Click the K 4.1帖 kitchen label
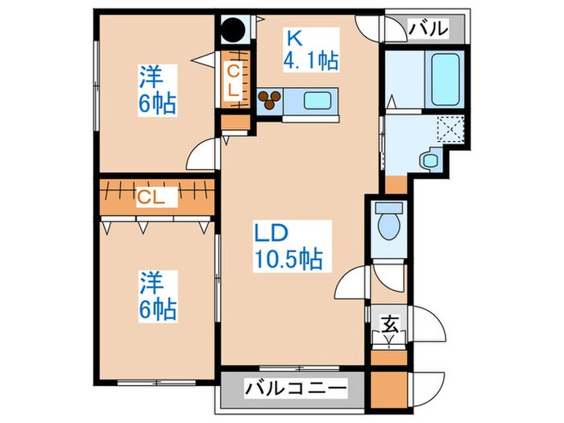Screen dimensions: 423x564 click(x=309, y=48)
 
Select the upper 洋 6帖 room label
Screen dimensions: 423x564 click(x=156, y=91)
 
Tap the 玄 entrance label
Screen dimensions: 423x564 click(x=389, y=326)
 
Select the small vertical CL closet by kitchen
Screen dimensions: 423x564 click(x=234, y=81)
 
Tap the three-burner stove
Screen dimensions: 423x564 click(x=270, y=100)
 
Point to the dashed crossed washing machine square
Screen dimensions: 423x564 click(x=449, y=128)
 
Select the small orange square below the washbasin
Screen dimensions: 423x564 click(x=396, y=184)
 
